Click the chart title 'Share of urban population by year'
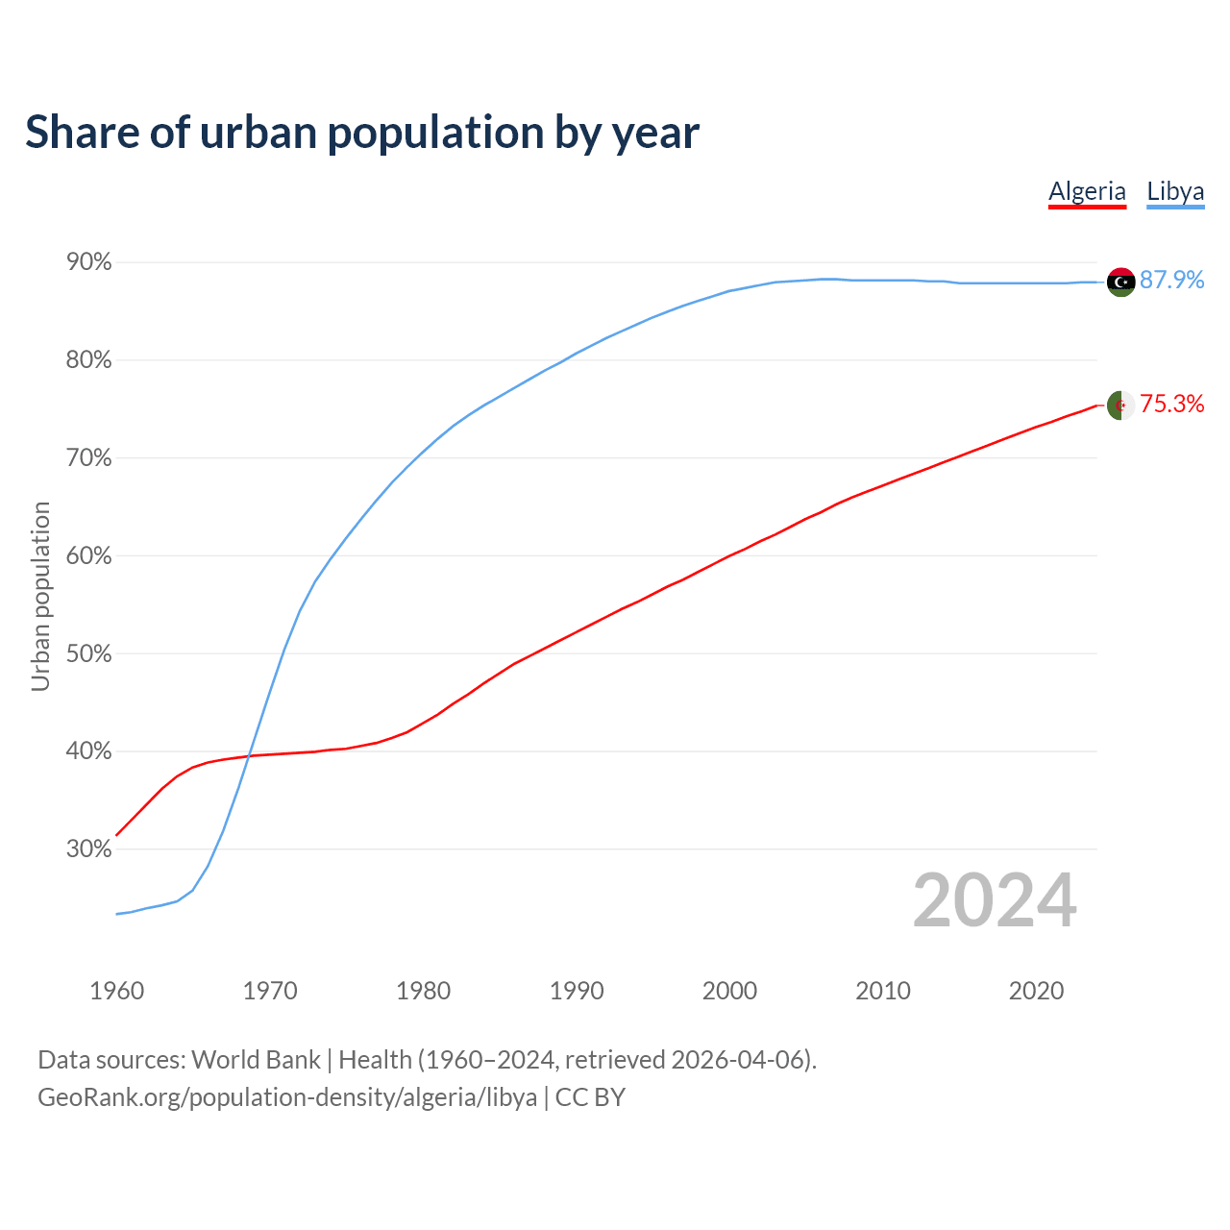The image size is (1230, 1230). coord(362,133)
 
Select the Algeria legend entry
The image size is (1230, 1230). coord(1087,191)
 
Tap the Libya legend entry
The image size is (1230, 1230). coord(1175,191)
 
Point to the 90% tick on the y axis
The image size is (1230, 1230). coord(88,262)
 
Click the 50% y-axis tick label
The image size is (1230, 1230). coord(88,654)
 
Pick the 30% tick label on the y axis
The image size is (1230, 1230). coord(88,849)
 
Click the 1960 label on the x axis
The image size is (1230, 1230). coord(116,991)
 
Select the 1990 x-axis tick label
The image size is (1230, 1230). coord(577,991)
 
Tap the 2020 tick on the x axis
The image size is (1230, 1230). coord(1036,991)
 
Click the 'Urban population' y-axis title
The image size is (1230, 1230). coord(40,596)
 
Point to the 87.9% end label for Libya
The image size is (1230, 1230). coord(1172,280)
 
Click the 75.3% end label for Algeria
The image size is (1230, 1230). coord(1172,405)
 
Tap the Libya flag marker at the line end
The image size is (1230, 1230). coord(1121,282)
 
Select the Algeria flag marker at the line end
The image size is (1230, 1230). coord(1121,406)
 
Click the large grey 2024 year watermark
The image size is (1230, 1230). coord(995,901)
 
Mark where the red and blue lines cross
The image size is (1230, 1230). coord(250,755)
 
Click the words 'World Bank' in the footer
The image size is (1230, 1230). coord(257,1060)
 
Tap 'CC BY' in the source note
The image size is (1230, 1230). coord(590,1097)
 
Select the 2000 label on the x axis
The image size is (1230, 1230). coord(729,991)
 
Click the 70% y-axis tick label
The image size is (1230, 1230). coord(88,458)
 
